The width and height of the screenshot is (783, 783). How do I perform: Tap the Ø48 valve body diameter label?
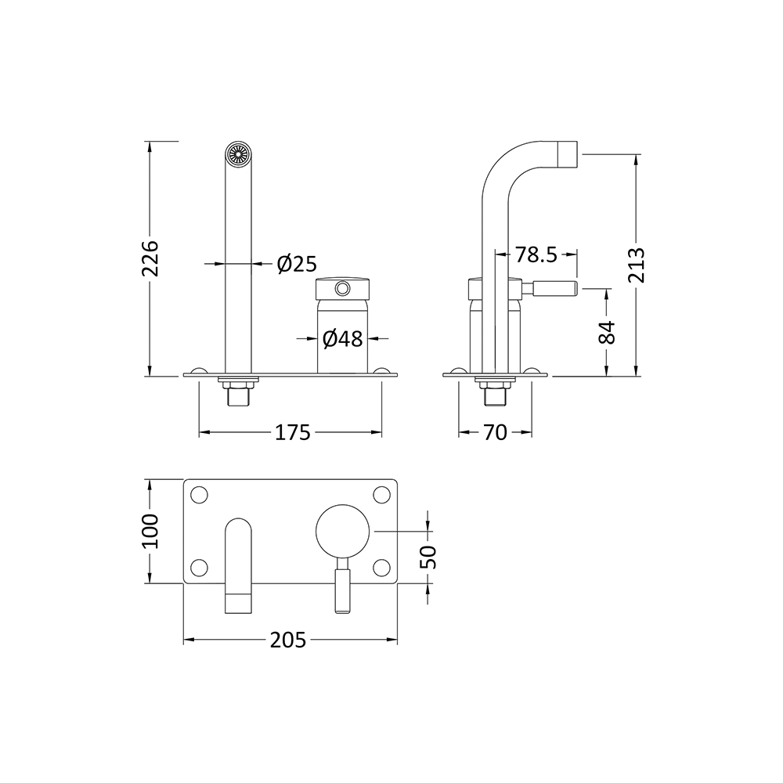point(342,339)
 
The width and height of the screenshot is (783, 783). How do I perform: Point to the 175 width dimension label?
point(293,432)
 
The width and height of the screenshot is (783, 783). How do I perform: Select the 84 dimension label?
point(608,332)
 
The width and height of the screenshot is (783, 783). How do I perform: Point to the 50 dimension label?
point(428,557)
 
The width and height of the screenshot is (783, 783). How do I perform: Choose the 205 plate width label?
point(289,640)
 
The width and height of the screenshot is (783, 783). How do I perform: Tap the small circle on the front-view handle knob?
point(341,290)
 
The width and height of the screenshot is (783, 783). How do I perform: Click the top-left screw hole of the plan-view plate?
point(200,495)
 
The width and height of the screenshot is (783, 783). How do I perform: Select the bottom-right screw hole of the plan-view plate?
point(381,566)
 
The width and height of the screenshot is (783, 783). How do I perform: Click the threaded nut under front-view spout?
point(236,383)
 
